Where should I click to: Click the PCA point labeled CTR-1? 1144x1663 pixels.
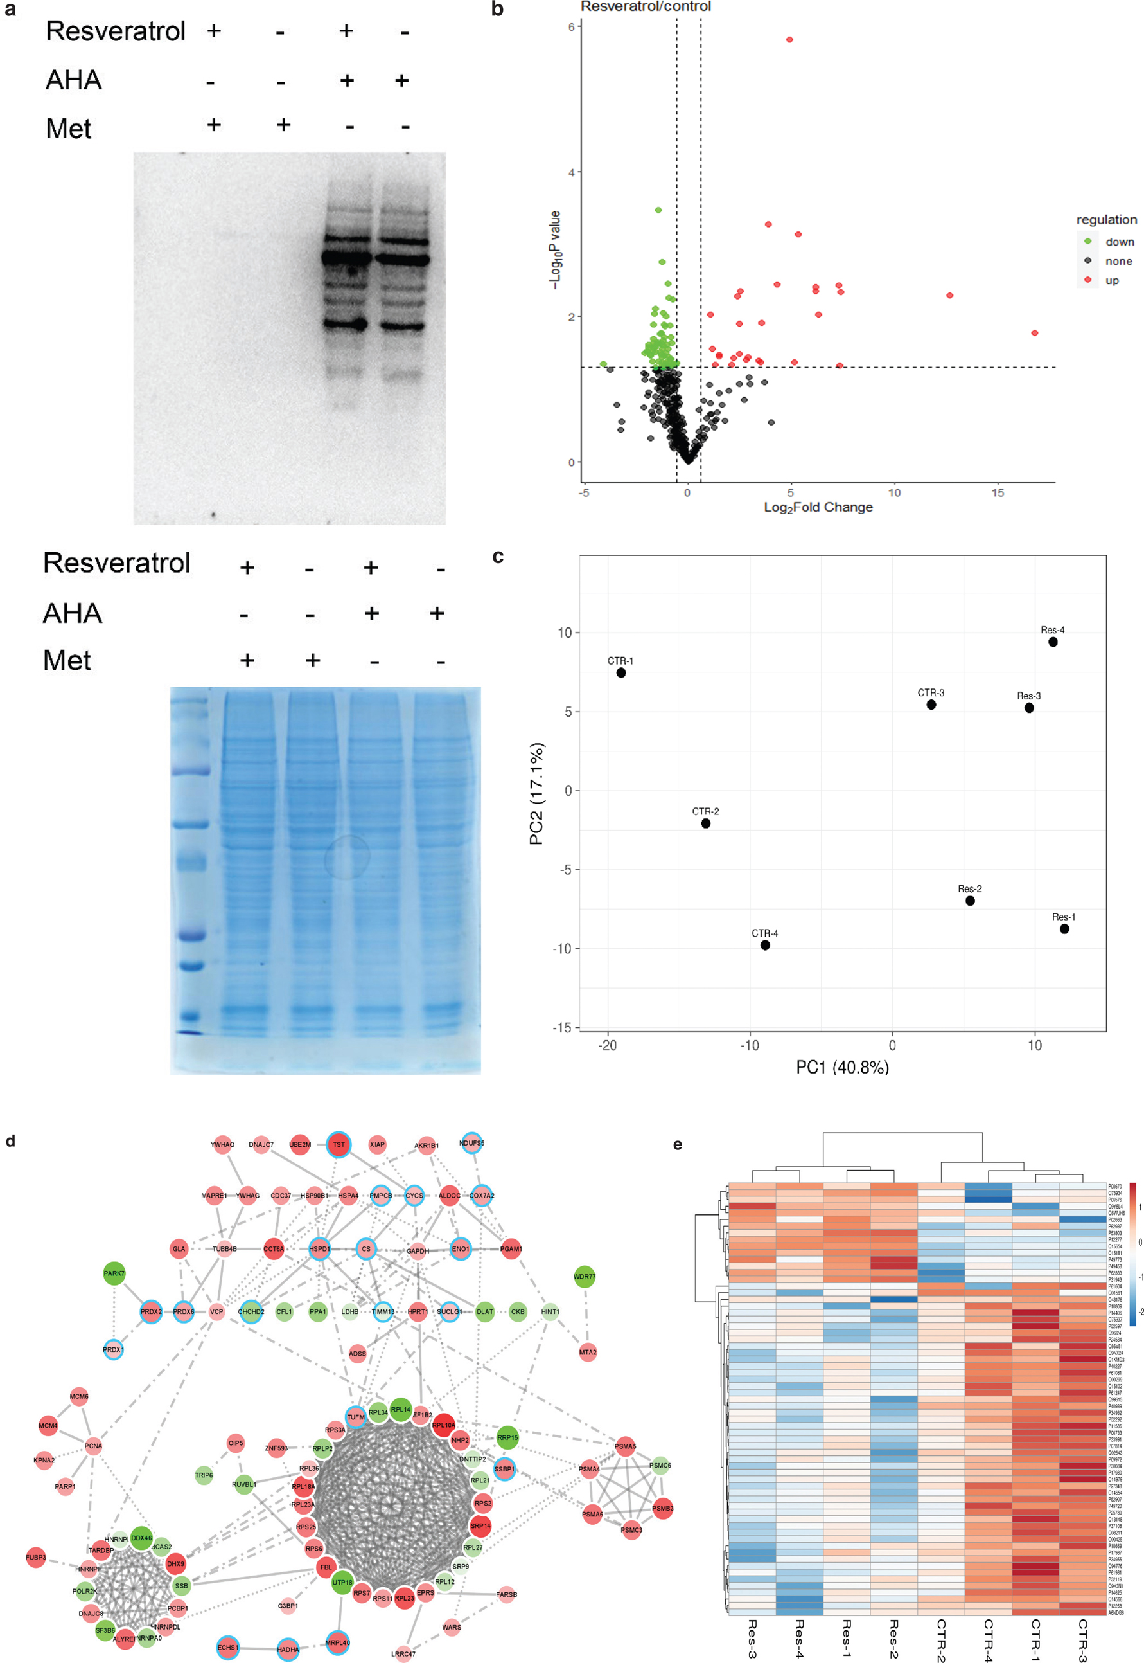[620, 672]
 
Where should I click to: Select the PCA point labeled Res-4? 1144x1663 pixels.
[1052, 642]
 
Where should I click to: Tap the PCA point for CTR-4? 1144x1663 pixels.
[765, 945]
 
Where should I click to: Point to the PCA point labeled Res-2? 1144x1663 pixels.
[970, 901]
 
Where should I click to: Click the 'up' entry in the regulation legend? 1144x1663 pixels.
[1111, 280]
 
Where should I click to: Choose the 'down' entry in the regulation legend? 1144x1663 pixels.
[1118, 242]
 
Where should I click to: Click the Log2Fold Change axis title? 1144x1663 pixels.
[818, 507]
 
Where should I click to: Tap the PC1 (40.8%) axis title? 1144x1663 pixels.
[842, 1067]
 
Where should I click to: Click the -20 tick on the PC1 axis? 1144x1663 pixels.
[607, 1045]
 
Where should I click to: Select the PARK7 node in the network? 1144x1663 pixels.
[114, 1273]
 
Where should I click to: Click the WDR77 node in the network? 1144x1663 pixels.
[584, 1277]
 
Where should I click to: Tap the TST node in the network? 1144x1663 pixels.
[339, 1144]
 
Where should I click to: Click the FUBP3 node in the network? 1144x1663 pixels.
[36, 1557]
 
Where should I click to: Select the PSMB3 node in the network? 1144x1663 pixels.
[662, 1508]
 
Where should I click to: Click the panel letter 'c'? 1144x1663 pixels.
[497, 557]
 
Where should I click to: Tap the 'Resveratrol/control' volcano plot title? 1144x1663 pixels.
[645, 6]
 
